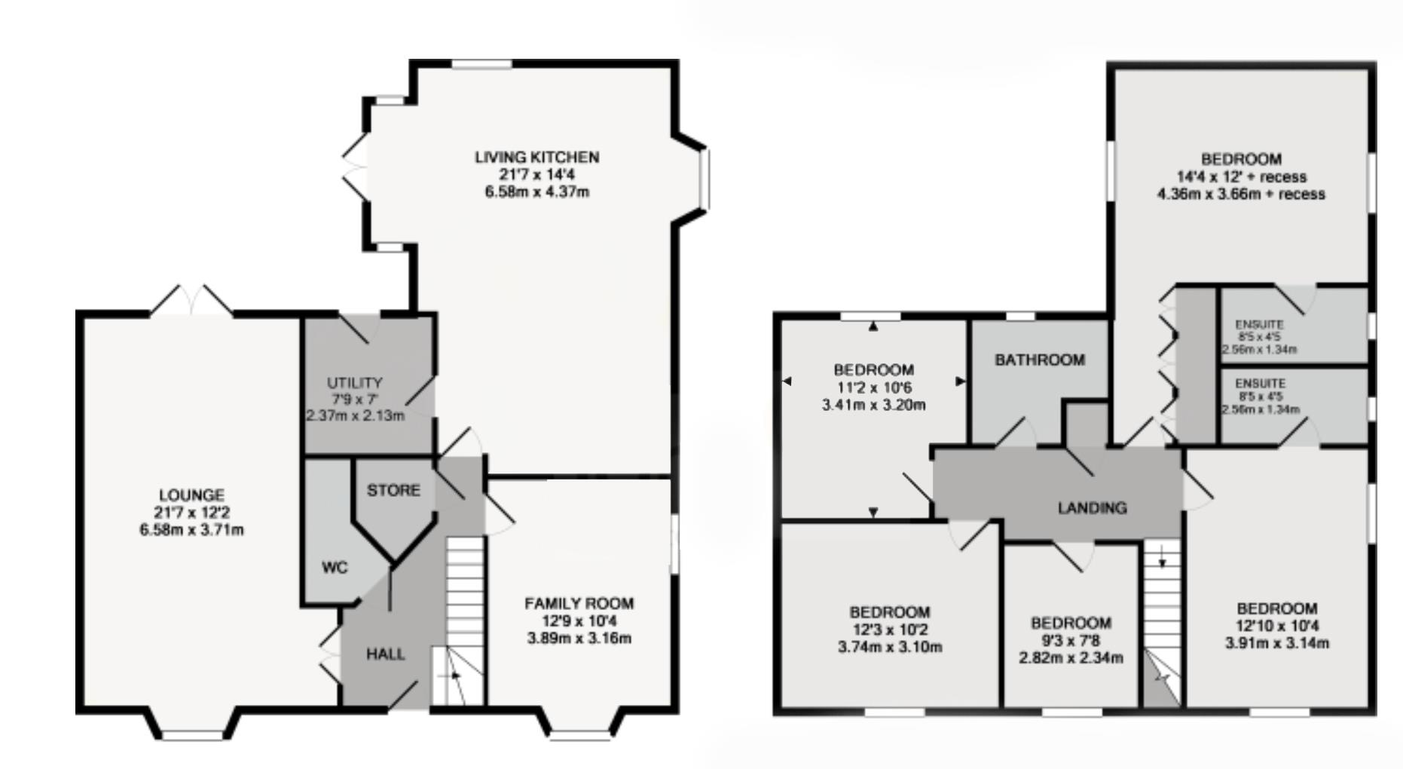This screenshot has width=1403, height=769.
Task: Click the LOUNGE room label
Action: [191, 495]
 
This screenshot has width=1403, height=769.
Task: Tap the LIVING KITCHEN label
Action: [536, 157]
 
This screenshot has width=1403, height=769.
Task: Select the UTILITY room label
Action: [354, 383]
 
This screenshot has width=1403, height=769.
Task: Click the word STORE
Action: [393, 491]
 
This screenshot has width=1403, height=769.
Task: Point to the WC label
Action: [335, 567]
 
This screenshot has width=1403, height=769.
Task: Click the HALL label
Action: [386, 654]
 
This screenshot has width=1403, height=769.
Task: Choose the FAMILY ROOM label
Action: [579, 603]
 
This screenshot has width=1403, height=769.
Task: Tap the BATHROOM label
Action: [1040, 360]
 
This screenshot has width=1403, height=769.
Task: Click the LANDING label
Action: [1092, 508]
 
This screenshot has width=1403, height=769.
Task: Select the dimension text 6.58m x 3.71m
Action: [191, 530]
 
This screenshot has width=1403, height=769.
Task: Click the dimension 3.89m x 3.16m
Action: [579, 639]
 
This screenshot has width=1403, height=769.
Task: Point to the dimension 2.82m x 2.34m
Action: [1071, 658]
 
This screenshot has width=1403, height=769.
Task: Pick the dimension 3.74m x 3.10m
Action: [890, 647]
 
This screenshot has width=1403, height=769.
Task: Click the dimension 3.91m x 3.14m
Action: [1277, 644]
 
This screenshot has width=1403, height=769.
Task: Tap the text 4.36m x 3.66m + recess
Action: [1241, 194]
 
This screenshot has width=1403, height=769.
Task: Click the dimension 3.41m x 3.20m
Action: [874, 405]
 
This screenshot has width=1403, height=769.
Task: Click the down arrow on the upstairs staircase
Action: [1163, 559]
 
